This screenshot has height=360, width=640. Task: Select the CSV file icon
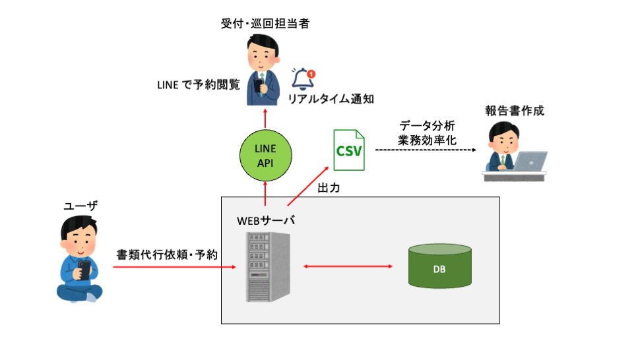349,150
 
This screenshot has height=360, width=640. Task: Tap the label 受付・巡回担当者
265,24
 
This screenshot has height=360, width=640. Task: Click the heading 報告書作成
515,110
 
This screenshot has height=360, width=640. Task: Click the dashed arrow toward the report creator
426,150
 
